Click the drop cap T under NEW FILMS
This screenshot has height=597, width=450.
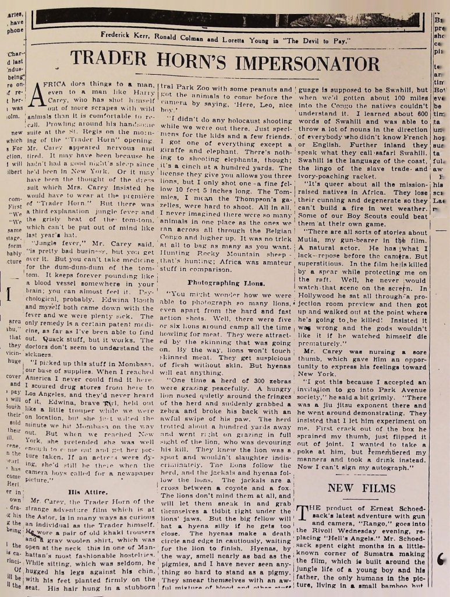tap(304, 515)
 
